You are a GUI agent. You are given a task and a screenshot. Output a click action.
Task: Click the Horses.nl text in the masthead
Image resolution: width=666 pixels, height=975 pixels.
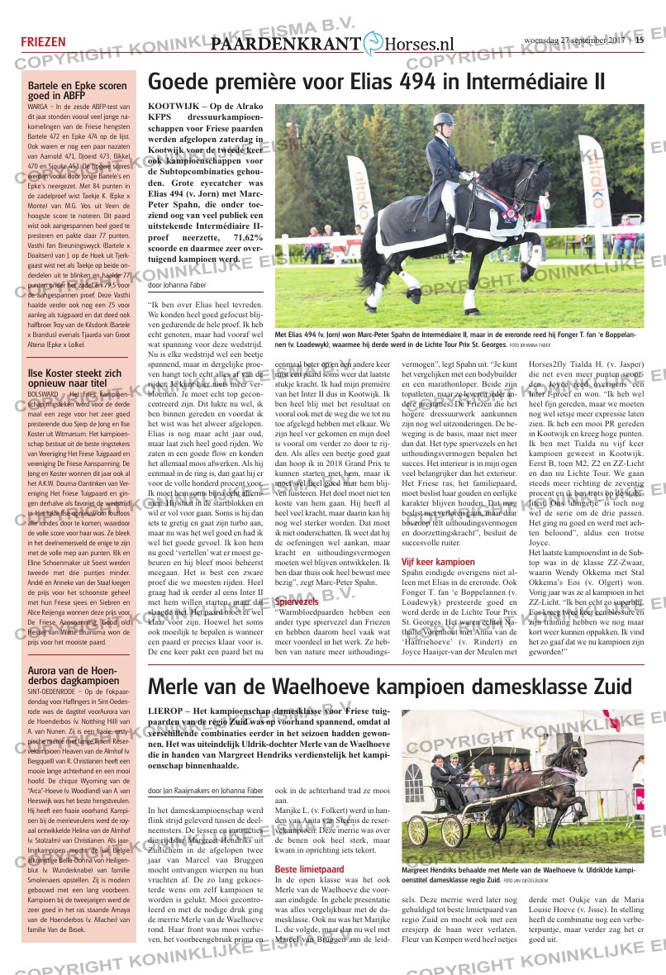coord(421,45)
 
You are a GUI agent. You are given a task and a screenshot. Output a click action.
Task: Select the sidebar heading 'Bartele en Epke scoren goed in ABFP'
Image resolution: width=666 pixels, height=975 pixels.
coord(77,90)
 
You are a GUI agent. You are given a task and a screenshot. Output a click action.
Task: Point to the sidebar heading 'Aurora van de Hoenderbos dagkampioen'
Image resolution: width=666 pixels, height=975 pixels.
coord(72,673)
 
